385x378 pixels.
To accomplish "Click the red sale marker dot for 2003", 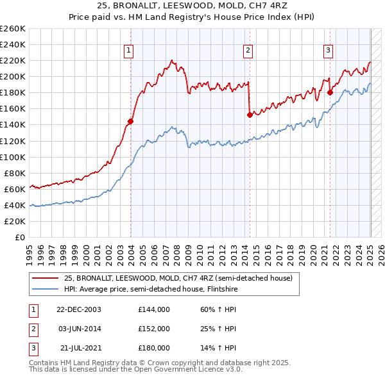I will click(130, 121).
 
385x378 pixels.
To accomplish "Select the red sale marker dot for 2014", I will click(250, 115).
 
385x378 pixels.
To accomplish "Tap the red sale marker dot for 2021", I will click(330, 92).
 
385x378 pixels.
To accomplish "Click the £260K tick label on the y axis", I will click(12, 29).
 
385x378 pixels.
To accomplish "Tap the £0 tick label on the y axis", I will click(19, 237).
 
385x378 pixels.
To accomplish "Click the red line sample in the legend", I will click(45, 278).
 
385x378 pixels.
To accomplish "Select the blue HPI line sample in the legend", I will click(45, 289).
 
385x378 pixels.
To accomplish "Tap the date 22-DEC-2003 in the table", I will click(79, 309).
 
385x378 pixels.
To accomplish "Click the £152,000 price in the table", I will click(154, 329).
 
